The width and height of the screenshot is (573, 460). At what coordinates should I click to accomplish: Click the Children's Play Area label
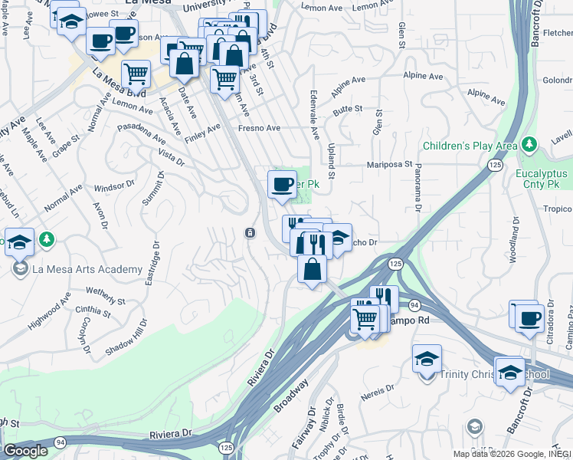click(470, 146)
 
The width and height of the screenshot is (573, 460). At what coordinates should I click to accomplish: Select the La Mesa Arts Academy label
click(87, 269)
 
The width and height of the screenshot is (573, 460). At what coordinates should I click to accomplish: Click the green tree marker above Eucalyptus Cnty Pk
click(528, 144)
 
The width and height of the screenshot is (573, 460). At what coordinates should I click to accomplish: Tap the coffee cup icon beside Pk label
click(282, 184)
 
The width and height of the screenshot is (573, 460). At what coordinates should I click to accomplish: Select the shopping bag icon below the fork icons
click(312, 269)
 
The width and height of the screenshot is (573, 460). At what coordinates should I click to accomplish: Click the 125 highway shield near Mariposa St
click(494, 166)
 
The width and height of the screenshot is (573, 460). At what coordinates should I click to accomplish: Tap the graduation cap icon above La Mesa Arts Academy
click(20, 242)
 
